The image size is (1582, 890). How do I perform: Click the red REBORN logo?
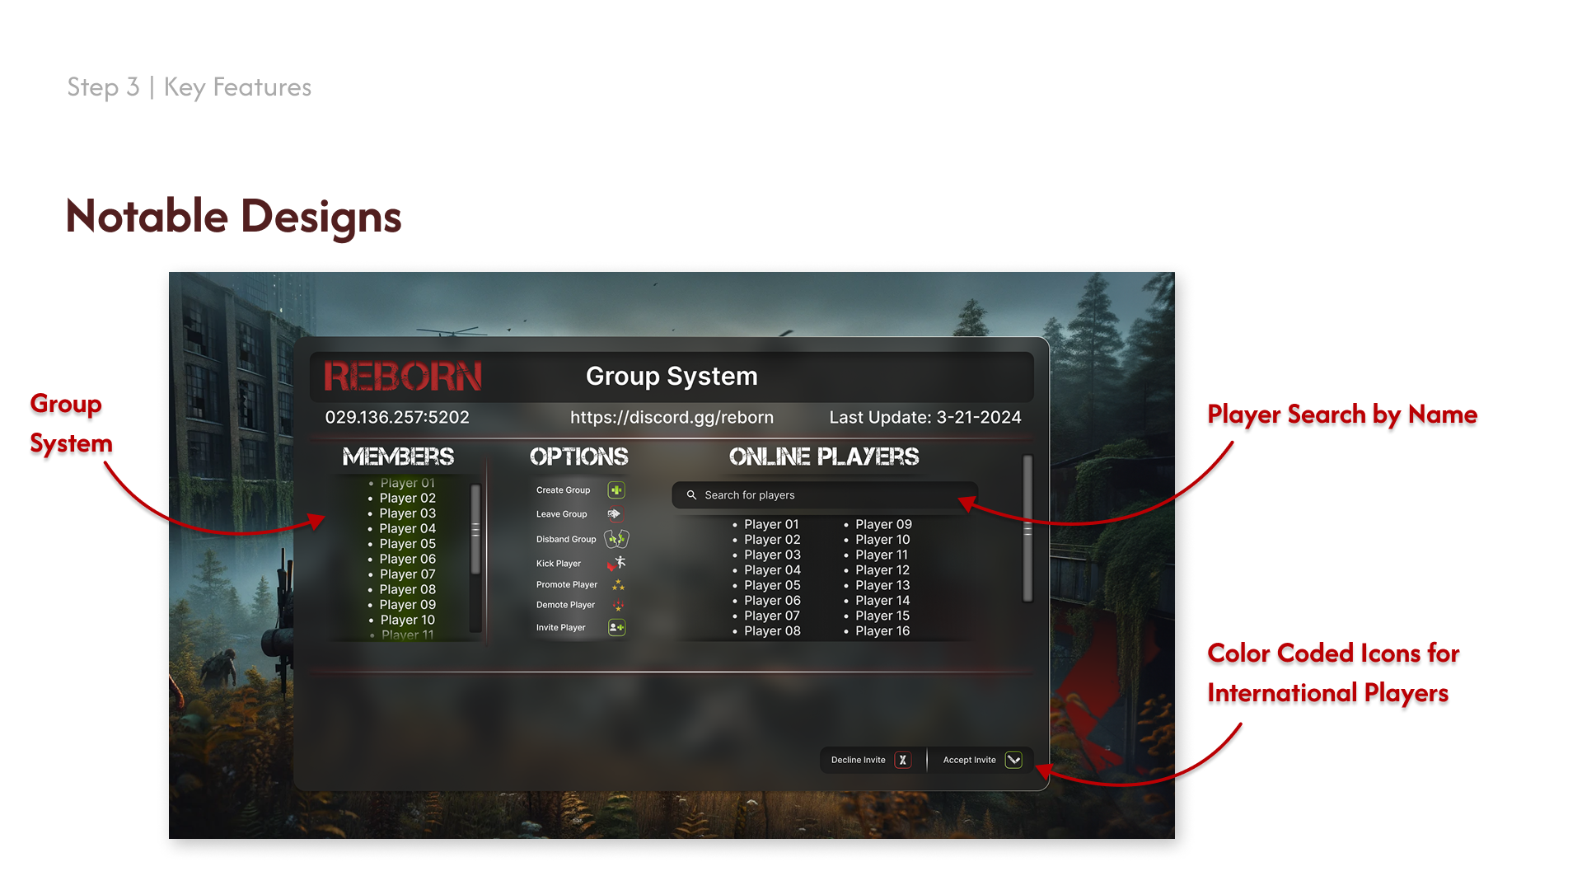tap(402, 377)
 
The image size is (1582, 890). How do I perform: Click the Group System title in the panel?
tap(672, 377)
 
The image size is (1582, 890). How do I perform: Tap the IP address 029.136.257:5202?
tap(397, 418)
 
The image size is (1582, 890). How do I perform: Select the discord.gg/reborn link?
tap(672, 418)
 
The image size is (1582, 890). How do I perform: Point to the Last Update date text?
tap(924, 418)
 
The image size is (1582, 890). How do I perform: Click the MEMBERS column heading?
tap(398, 457)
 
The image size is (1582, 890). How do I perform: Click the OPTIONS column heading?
tap(578, 457)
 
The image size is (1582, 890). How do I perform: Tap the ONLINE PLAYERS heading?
tap(824, 457)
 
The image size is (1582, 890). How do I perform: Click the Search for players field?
tap(824, 495)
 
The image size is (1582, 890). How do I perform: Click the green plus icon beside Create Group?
tap(616, 490)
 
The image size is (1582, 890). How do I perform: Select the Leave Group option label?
tap(562, 514)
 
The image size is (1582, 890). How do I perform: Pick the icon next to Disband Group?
tap(616, 539)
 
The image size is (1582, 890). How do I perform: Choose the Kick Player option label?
tap(559, 564)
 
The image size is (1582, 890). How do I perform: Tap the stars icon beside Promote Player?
tap(618, 585)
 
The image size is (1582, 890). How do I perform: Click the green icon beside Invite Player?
tap(616, 628)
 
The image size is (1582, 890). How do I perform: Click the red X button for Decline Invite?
tap(903, 760)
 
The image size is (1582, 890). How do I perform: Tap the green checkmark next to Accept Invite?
tap(1013, 760)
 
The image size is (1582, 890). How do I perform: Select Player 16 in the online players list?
tap(882, 631)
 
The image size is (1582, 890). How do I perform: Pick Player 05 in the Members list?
tap(407, 544)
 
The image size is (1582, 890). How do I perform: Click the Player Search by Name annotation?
tap(1342, 415)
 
